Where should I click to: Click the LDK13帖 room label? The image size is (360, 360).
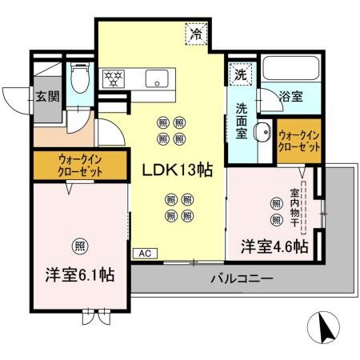click(x=177, y=171)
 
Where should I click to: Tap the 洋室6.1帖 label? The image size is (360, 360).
click(x=78, y=274)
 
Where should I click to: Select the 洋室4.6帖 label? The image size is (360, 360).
click(x=274, y=247)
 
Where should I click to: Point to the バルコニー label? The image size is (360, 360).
click(x=242, y=280)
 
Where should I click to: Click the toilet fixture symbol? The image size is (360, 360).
click(x=79, y=80)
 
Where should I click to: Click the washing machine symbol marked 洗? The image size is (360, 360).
click(x=240, y=75)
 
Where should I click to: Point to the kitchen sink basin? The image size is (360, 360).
click(x=155, y=78)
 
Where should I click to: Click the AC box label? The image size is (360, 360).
click(x=146, y=254)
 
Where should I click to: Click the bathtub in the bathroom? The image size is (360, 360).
click(x=291, y=72)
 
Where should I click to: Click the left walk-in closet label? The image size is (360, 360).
click(x=80, y=165)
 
